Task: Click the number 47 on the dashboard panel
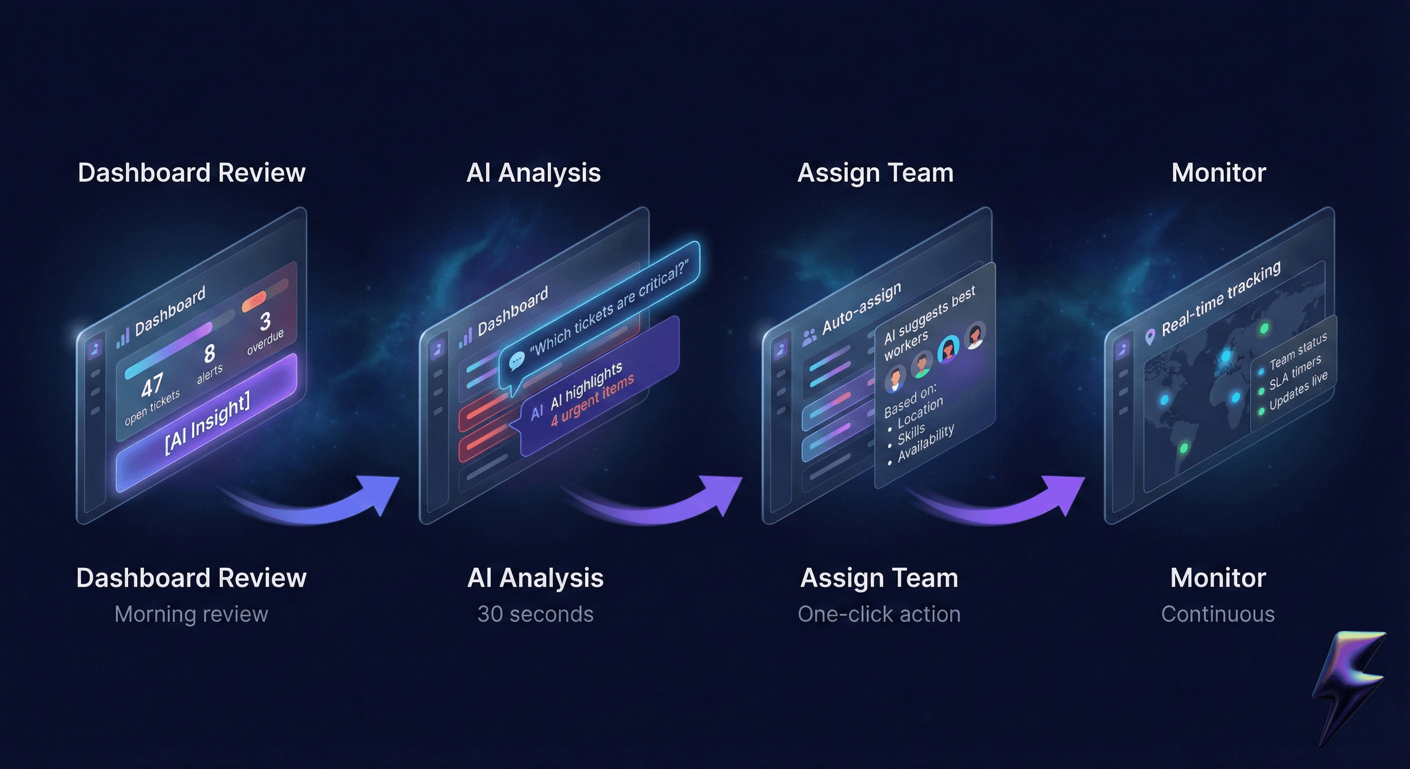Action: point(152,385)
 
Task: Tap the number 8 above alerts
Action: point(209,354)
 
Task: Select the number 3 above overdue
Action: point(265,321)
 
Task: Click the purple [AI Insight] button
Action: point(207,424)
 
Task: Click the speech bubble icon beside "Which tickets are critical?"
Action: point(516,361)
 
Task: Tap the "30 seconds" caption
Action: point(535,614)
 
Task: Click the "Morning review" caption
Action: point(191,614)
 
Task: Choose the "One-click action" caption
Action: point(879,614)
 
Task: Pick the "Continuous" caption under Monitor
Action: point(1217,614)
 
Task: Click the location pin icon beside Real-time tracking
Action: point(1150,336)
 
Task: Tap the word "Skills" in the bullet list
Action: point(911,434)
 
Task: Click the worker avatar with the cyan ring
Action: point(948,348)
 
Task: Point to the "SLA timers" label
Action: point(1295,372)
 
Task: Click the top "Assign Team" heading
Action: point(875,173)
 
